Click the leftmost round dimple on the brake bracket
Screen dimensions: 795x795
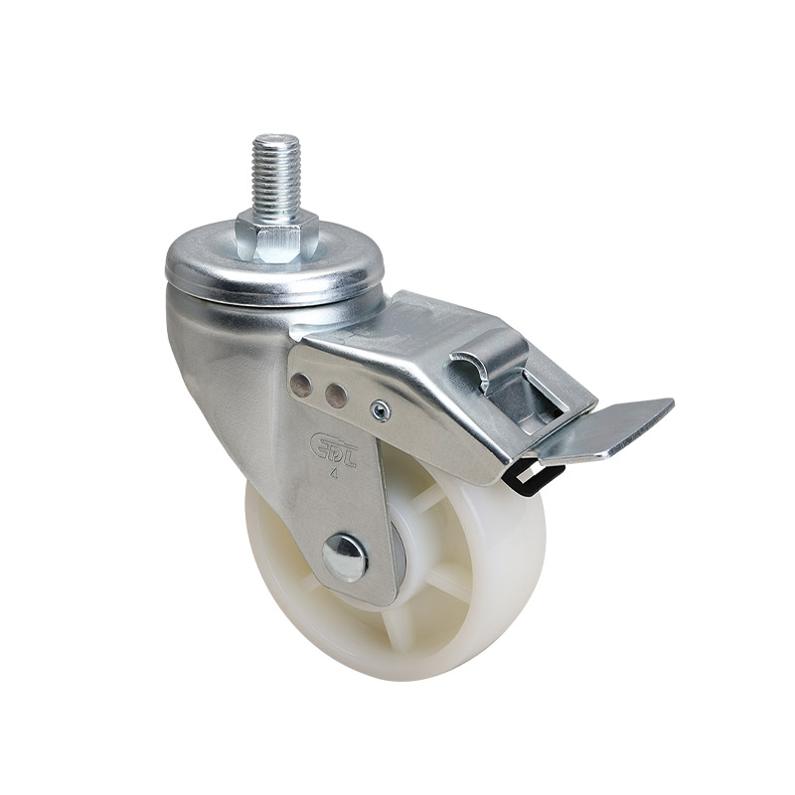click(305, 385)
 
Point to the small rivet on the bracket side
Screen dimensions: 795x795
click(379, 407)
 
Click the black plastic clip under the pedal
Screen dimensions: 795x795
click(523, 476)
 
